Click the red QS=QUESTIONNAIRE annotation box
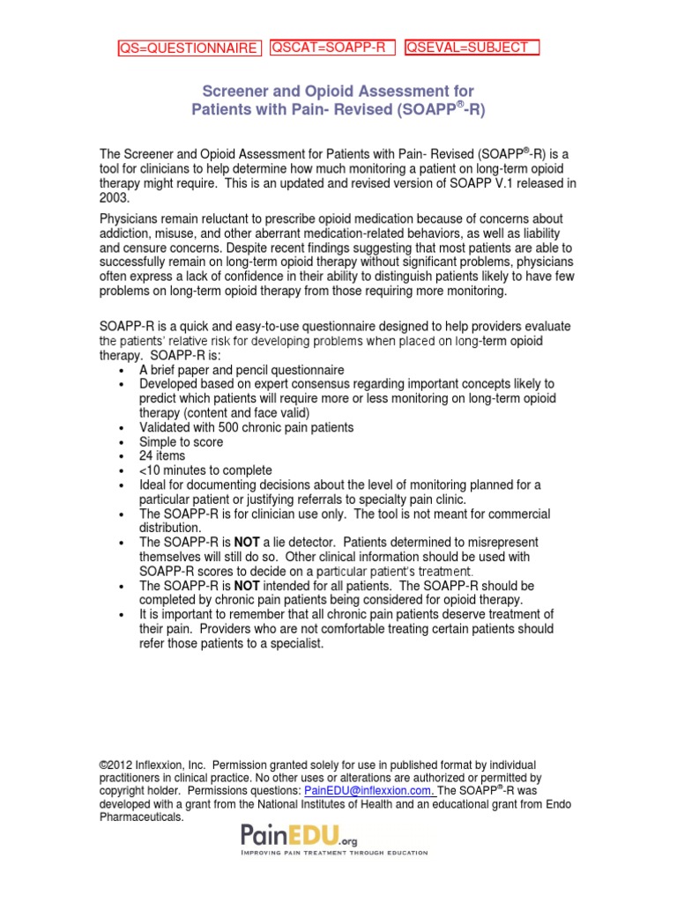[190, 48]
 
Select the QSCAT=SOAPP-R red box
[331, 48]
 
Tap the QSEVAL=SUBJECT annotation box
[472, 48]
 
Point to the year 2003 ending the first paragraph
[114, 198]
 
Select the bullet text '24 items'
[162, 455]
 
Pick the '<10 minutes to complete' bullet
[205, 470]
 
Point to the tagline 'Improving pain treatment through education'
[334, 853]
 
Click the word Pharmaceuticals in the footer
[140, 817]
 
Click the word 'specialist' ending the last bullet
[295, 643]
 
